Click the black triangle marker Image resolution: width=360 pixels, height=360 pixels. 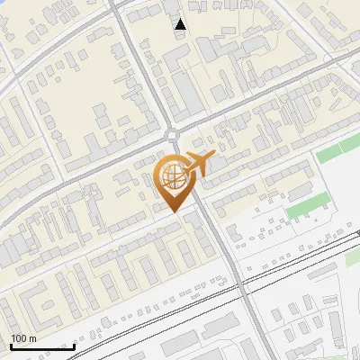[181, 24]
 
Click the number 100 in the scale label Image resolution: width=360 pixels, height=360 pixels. [19, 338]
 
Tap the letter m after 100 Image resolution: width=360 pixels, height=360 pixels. [32, 338]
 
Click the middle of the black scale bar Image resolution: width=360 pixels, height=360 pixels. [41, 347]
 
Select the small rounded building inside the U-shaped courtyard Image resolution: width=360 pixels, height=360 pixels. [144, 266]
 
